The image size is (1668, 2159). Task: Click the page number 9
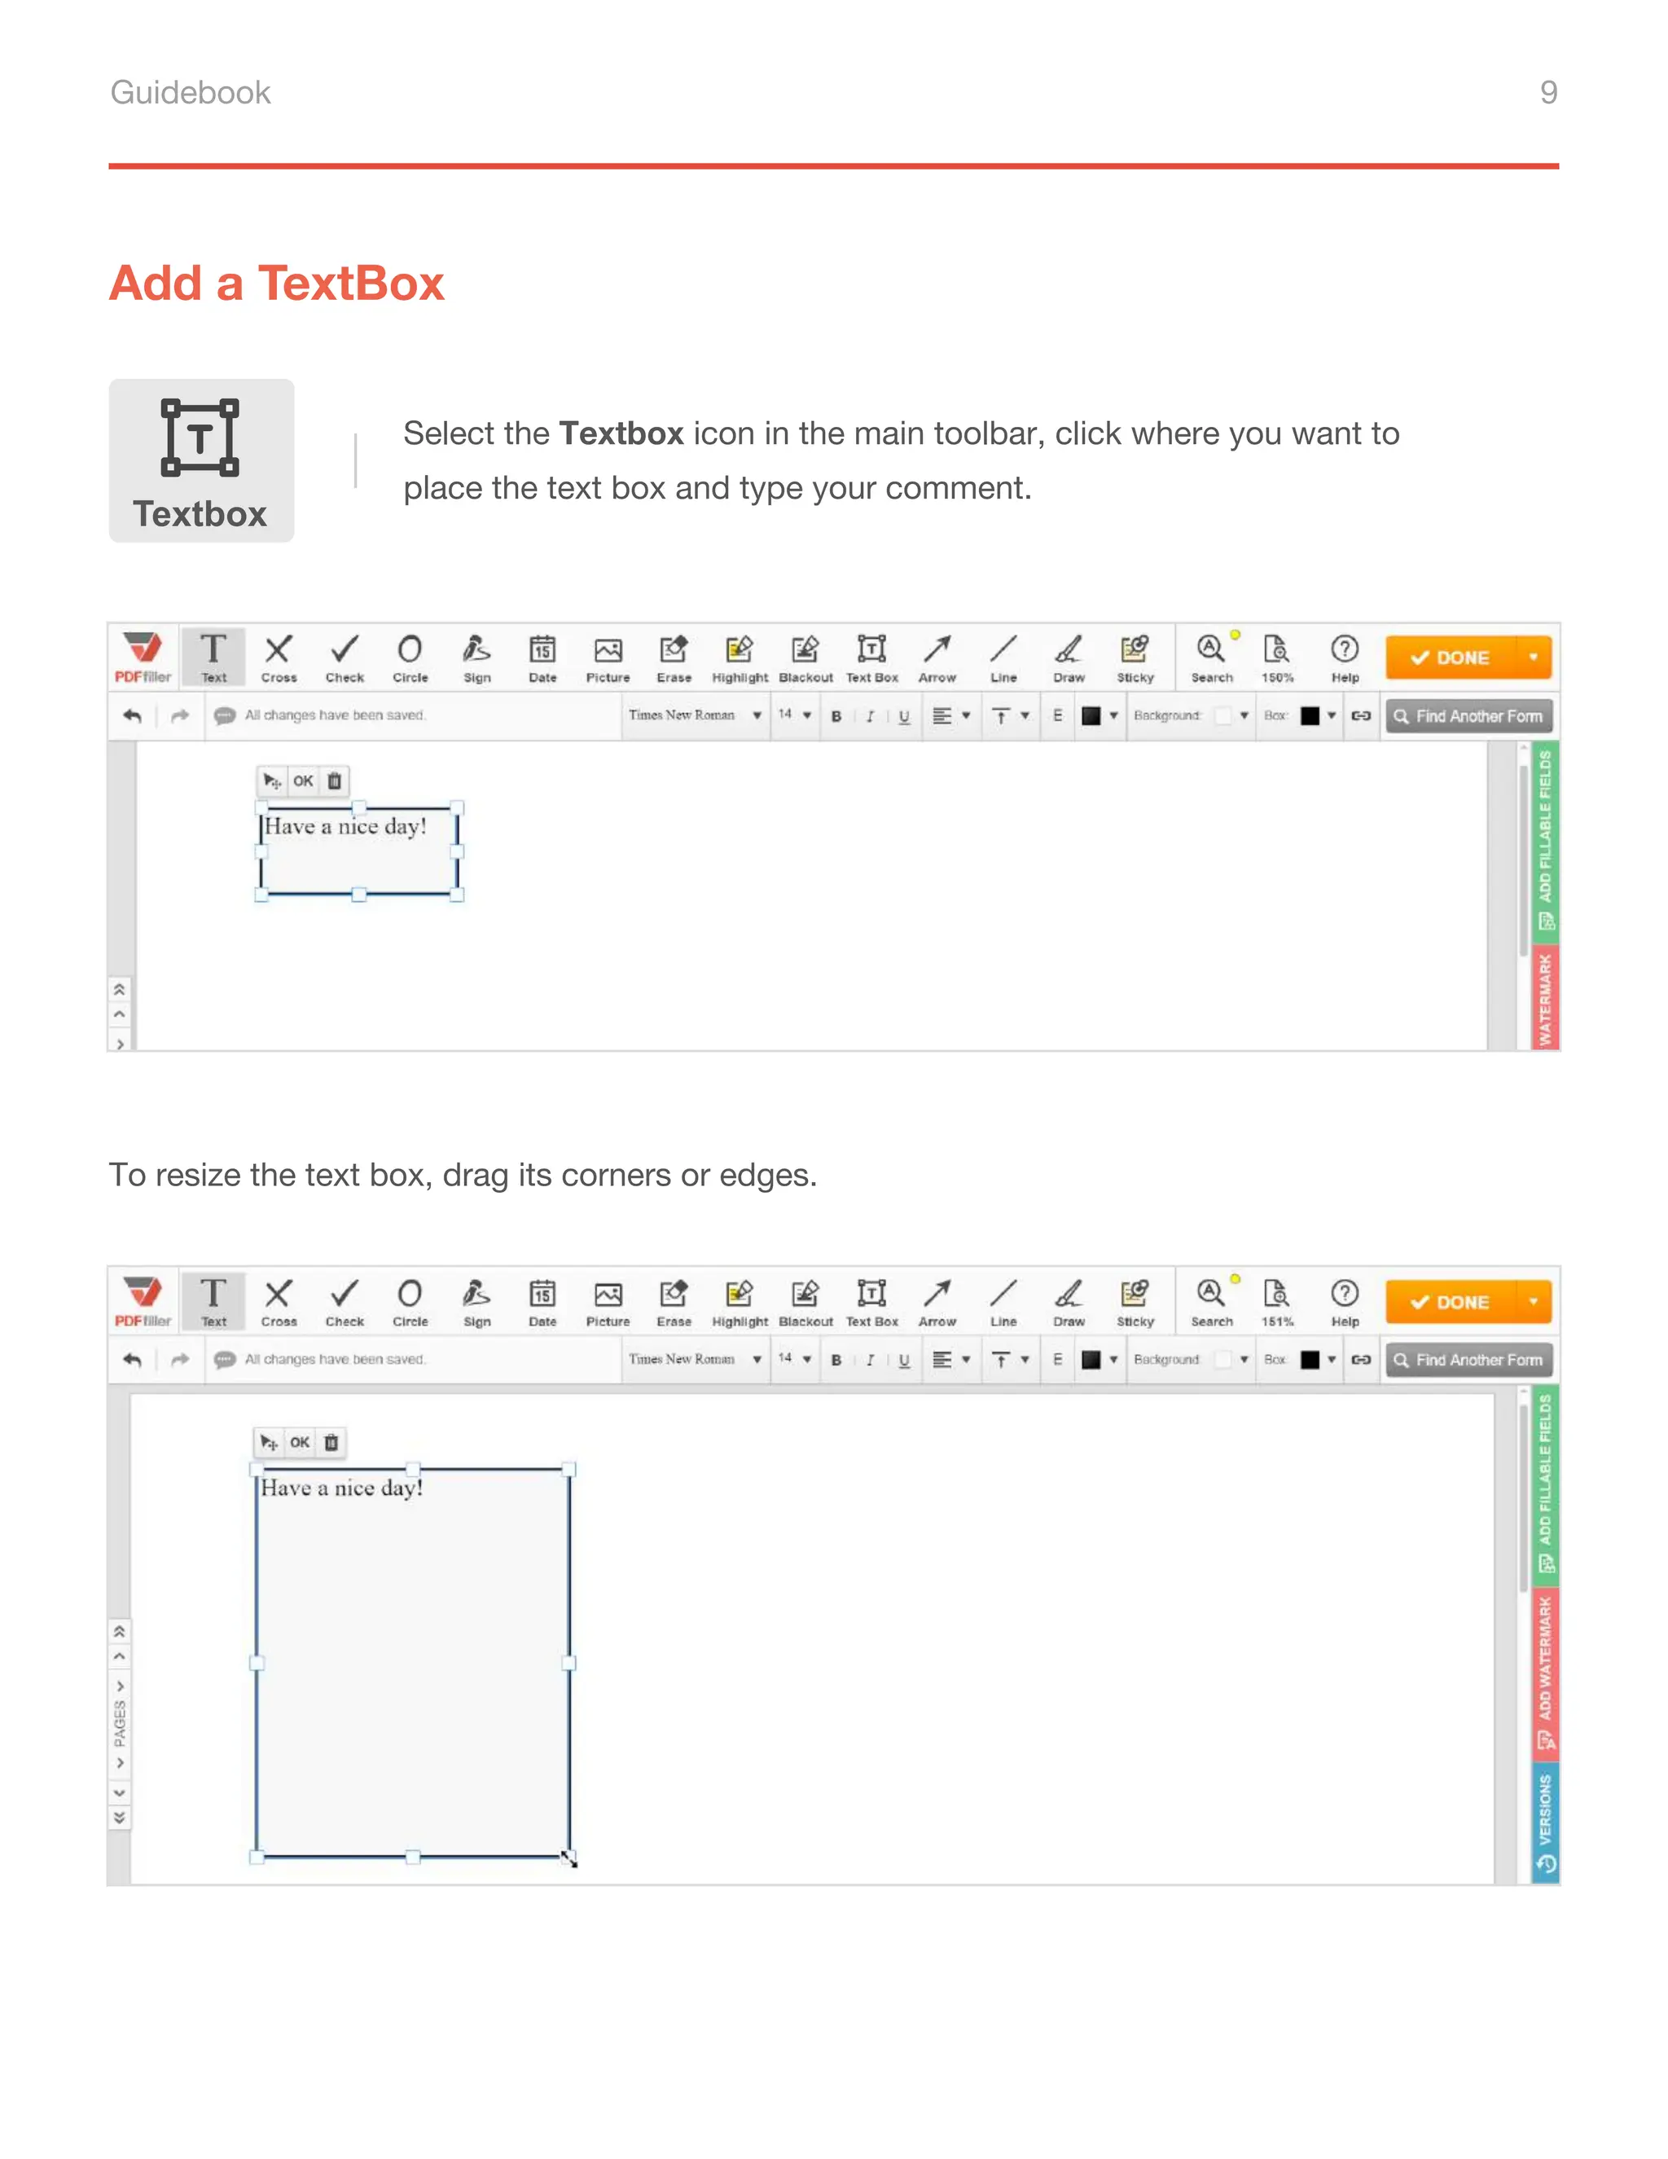pos(1547,92)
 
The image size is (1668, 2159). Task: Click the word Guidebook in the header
pos(190,92)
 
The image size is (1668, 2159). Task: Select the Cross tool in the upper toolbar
pos(279,657)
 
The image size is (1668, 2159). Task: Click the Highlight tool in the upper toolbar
pos(740,657)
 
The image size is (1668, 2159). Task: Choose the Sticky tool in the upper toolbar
pos(1135,657)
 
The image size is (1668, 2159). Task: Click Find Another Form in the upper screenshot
pos(1468,715)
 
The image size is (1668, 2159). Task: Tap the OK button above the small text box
pos(302,781)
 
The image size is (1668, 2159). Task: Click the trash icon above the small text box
pos(334,781)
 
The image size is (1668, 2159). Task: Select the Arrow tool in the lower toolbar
pos(937,1302)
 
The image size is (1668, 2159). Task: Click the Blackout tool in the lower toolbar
pos(805,1302)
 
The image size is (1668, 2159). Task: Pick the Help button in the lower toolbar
pos(1344,1302)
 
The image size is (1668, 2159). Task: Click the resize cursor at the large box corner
pos(569,1858)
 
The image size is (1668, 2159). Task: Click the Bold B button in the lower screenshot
pos(836,1361)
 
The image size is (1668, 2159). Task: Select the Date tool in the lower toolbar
pos(542,1302)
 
